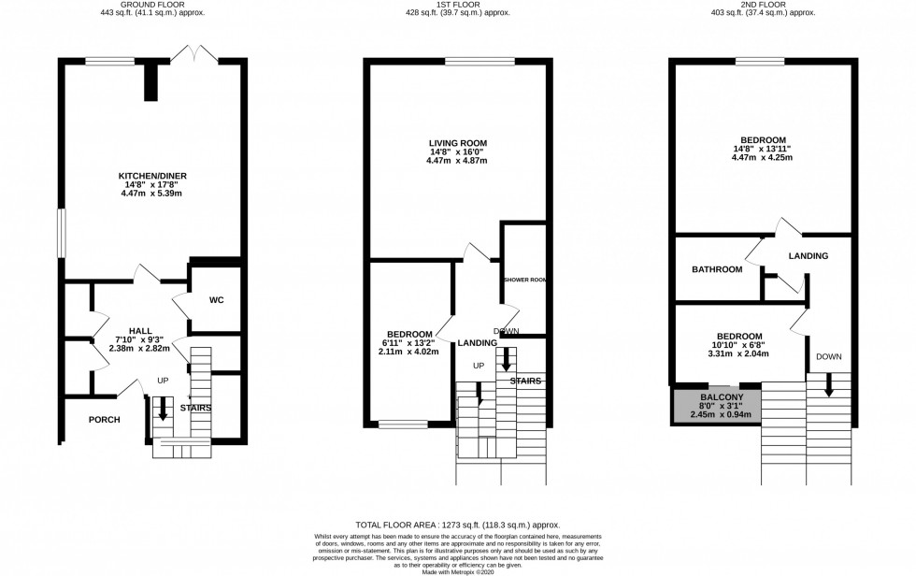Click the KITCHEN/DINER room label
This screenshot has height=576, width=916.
(150, 176)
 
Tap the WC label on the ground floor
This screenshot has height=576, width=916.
(216, 300)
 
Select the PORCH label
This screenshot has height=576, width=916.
(105, 420)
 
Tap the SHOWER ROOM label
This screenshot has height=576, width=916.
(523, 281)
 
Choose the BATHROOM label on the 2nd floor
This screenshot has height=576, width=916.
(717, 269)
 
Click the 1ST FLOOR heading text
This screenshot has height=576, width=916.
(456, 5)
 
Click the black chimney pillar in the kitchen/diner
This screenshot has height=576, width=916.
(150, 84)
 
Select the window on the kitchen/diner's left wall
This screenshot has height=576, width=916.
(61, 232)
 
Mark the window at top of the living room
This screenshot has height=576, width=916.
(479, 63)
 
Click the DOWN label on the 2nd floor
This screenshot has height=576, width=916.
(828, 356)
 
